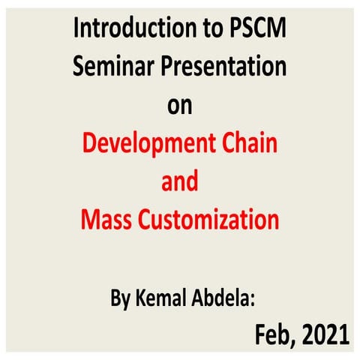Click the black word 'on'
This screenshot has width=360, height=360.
[x=179, y=105]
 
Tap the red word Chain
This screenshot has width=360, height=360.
[x=247, y=142]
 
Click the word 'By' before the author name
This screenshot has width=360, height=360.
[x=121, y=299]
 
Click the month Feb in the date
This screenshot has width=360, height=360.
[x=273, y=332]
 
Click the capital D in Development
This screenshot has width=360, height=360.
[x=89, y=143]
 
